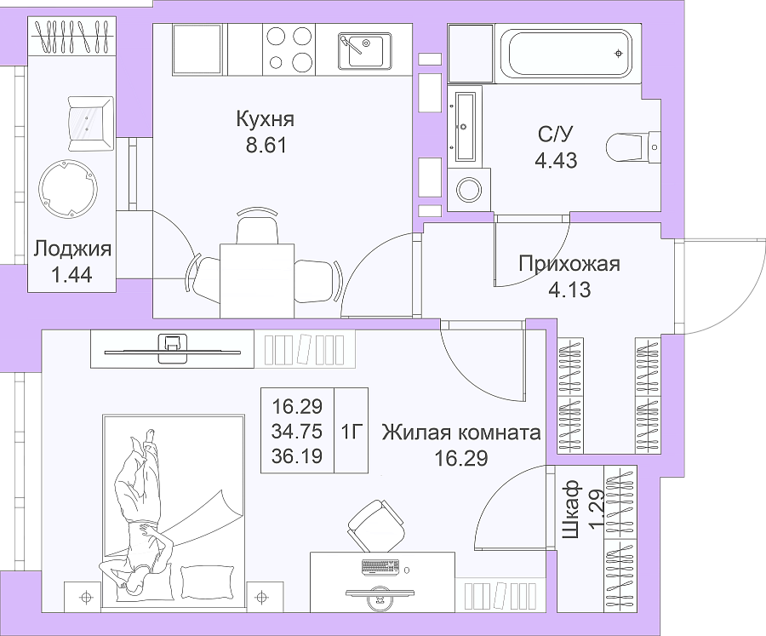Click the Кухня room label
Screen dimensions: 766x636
tap(266, 119)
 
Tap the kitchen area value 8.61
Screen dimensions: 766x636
tap(266, 146)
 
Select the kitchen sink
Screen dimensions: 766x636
tap(364, 50)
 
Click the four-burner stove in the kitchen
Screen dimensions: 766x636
tap(289, 49)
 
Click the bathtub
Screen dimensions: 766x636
tap(569, 53)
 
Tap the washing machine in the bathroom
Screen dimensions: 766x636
tap(468, 189)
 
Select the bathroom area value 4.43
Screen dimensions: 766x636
tap(556, 160)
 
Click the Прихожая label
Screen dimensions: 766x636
tap(569, 263)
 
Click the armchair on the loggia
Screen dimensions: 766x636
tap(90, 123)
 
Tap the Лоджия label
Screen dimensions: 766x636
tap(72, 249)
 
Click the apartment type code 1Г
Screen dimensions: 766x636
tap(351, 432)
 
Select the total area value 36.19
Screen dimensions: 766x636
tap(297, 456)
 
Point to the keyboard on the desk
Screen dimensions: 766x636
tap(381, 567)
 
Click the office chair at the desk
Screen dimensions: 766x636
tap(377, 526)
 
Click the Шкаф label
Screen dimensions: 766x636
tap(571, 509)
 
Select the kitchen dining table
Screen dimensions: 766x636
tap(257, 281)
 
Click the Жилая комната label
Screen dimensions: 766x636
tap(461, 433)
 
